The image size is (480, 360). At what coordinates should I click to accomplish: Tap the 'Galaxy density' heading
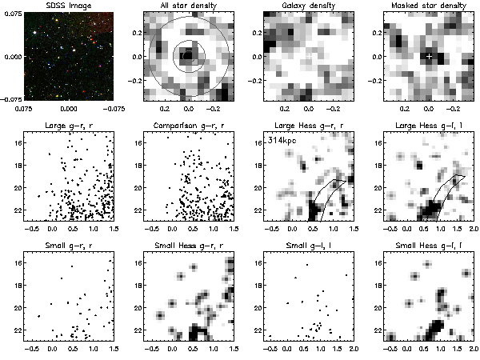(x=309, y=6)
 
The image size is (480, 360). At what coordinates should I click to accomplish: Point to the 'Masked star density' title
(x=429, y=6)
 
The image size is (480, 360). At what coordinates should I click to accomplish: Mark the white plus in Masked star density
(x=430, y=56)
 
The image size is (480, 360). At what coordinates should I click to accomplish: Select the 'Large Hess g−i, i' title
(x=429, y=127)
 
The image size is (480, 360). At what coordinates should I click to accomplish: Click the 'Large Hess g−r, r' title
(x=309, y=127)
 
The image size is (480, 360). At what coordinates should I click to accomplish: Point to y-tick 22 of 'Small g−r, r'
(x=17, y=330)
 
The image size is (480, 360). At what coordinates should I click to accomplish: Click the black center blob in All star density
(x=188, y=56)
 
